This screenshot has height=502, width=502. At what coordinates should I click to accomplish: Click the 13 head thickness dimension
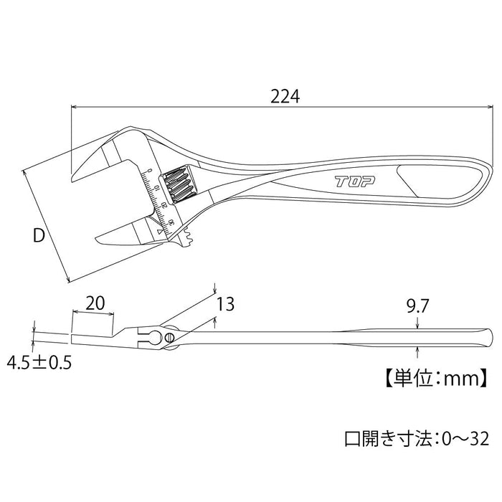click(x=225, y=305)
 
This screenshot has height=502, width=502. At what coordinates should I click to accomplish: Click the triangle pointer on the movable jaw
click(x=159, y=232)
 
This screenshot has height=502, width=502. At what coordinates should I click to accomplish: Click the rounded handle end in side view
click(x=488, y=335)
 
